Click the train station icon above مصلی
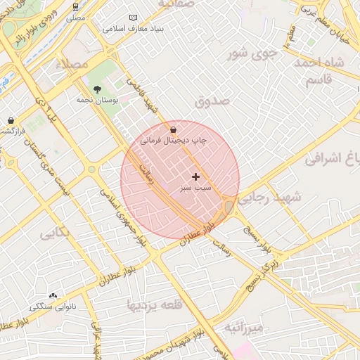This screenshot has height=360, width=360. point(76,6)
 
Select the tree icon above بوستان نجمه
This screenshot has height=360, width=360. point(97,89)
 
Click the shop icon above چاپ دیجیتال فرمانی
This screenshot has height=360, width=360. point(174,129)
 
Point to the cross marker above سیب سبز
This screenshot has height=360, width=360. point(195,176)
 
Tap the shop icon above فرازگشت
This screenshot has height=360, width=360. point(11,120)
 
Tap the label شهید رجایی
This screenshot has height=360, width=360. point(269,199)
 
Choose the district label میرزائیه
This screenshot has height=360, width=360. point(244,328)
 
